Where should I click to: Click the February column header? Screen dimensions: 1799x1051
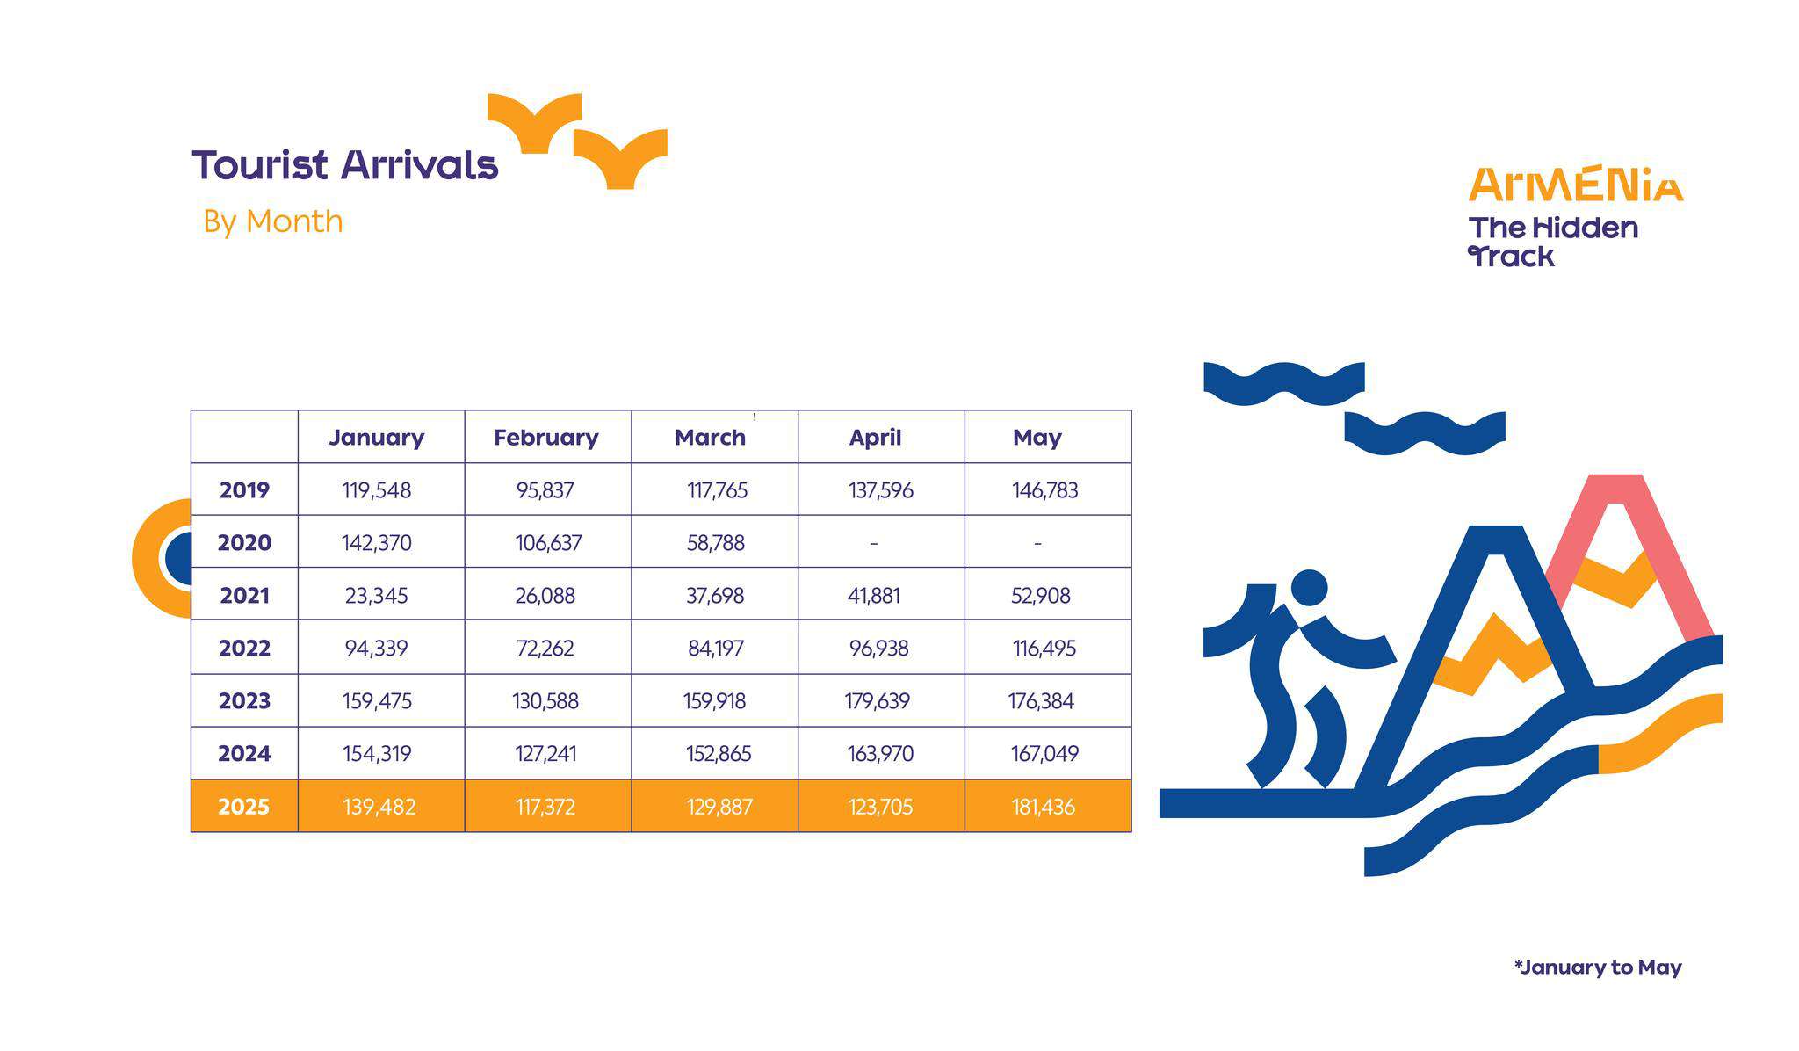pyautogui.click(x=545, y=437)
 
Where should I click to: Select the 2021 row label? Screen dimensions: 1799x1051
pyautogui.click(x=244, y=596)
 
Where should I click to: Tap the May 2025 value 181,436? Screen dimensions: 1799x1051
pyautogui.click(x=1043, y=807)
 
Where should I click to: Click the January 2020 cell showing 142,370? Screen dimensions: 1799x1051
pyautogui.click(x=376, y=543)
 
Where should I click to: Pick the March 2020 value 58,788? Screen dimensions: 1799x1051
pyautogui.click(x=715, y=543)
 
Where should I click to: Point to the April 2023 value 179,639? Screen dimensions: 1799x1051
pyautogui.click(x=877, y=701)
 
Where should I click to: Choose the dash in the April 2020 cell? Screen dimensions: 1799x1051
pyautogui.click(x=874, y=544)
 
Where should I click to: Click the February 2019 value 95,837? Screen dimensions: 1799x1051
pyautogui.click(x=545, y=490)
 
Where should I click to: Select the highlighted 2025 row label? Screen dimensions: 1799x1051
pyautogui.click(x=243, y=807)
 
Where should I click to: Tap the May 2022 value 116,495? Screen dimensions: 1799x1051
pyautogui.click(x=1044, y=649)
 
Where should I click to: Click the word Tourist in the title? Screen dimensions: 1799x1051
pyautogui.click(x=260, y=164)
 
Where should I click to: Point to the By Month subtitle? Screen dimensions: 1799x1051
pyautogui.click(x=272, y=221)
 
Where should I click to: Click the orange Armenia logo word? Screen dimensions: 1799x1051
pyautogui.click(x=1576, y=185)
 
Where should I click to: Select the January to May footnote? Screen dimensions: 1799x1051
pyautogui.click(x=1598, y=968)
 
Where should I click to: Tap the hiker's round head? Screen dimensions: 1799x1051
pyautogui.click(x=1310, y=587)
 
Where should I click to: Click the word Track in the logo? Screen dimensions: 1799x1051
pyautogui.click(x=1512, y=257)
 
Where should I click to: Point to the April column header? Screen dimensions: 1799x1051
pyautogui.click(x=875, y=437)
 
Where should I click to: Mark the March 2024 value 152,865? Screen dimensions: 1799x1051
pyautogui.click(x=719, y=754)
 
